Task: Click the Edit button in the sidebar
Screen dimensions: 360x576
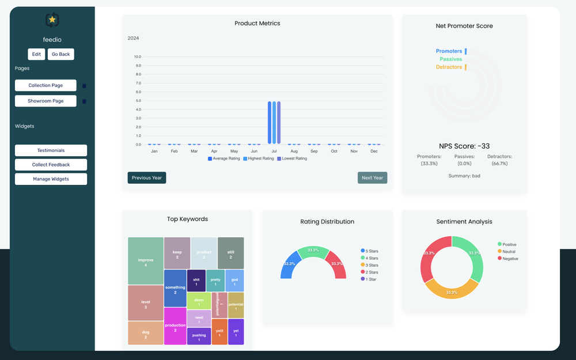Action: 36,54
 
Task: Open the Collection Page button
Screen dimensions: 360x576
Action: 46,85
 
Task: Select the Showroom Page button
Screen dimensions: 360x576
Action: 46,101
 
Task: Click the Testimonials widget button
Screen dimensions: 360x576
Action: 51,150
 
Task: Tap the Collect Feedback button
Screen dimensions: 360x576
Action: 51,165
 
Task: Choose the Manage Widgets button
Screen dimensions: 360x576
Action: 51,179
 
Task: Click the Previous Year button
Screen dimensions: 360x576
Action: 147,178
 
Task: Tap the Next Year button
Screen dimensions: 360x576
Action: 372,178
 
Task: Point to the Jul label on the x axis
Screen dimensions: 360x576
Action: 274,151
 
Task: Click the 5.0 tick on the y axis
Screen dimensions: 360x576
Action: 137,101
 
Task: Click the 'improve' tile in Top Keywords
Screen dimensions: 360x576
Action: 146,262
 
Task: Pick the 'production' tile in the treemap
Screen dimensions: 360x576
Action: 175,327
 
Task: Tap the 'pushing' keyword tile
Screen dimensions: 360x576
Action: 199,336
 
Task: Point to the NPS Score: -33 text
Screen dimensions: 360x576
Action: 464,146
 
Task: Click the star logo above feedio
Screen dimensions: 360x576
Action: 52,20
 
